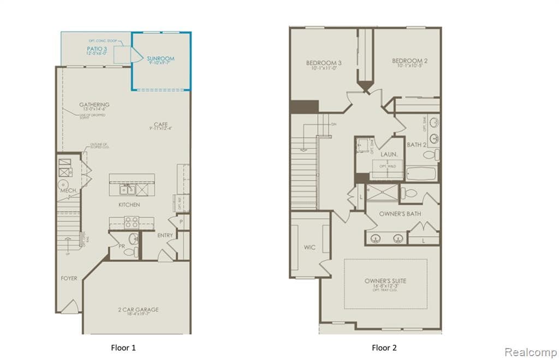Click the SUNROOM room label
tap(160, 58)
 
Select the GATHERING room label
tap(94, 105)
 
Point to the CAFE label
tap(160, 124)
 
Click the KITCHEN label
tap(129, 205)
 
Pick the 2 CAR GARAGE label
tap(137, 310)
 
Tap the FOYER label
tap(69, 278)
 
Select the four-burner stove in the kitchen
tap(132, 222)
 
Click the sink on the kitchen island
tap(127, 189)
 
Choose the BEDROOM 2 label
tap(409, 61)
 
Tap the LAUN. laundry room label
tap(388, 155)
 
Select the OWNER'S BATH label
tap(400, 213)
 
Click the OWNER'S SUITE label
tap(385, 281)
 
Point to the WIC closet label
tap(309, 247)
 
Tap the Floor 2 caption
tap(385, 347)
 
